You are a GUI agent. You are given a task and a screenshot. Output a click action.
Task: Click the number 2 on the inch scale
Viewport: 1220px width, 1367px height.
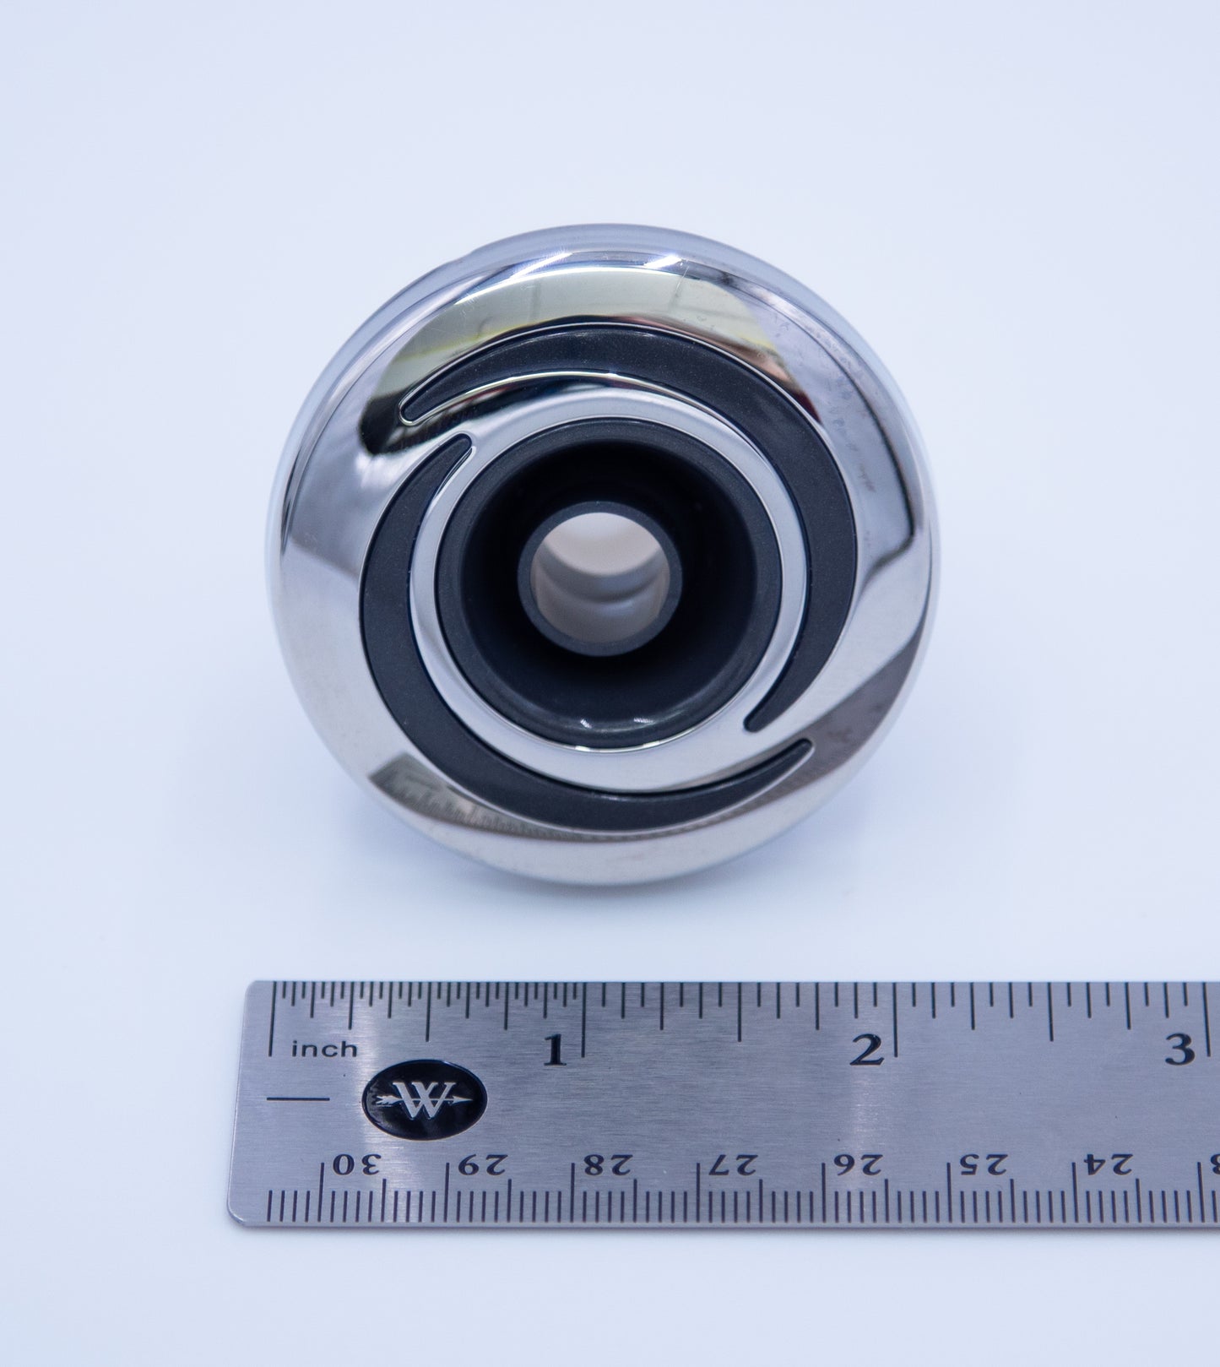[866, 1050]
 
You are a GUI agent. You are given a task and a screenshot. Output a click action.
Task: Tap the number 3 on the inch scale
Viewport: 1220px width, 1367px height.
[1179, 1050]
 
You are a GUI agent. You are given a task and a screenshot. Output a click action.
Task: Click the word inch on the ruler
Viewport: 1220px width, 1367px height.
[324, 1050]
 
